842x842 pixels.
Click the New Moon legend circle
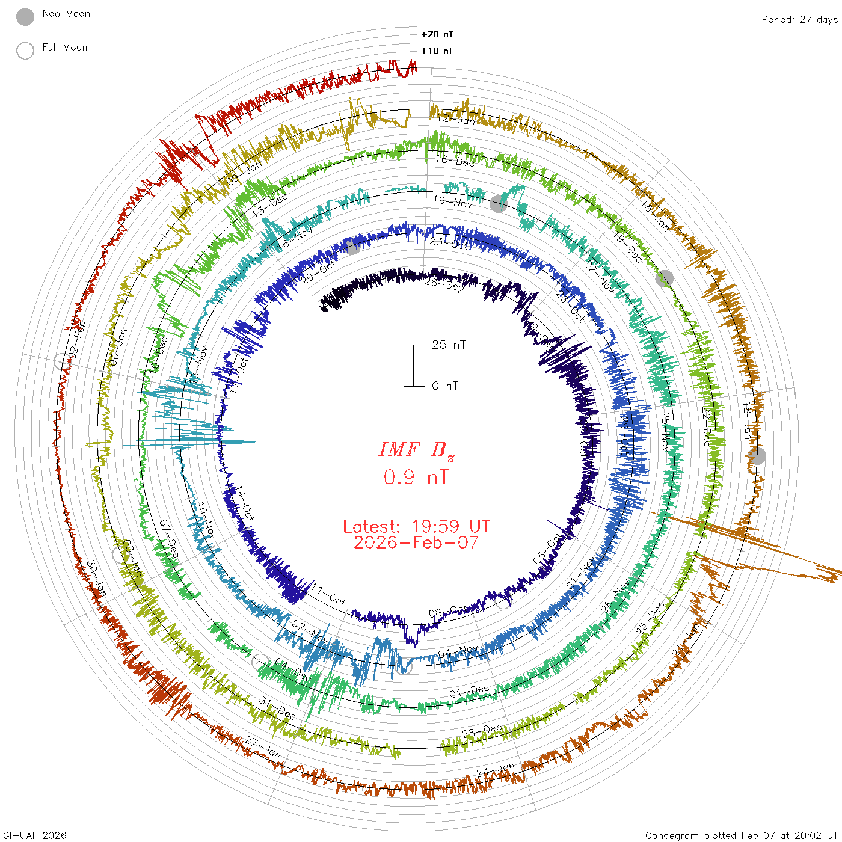[x=25, y=17]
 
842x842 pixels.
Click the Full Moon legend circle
[x=25, y=51]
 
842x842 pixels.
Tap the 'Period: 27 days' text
[x=799, y=20]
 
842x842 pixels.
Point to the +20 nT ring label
[x=437, y=34]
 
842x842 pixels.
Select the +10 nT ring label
[x=437, y=51]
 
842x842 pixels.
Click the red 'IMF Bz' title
[x=416, y=450]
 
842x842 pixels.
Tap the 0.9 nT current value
[x=416, y=477]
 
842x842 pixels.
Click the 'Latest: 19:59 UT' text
[x=416, y=527]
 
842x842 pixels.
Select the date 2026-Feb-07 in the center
[x=416, y=542]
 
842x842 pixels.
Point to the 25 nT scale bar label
[x=449, y=345]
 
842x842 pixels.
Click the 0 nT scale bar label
[x=445, y=386]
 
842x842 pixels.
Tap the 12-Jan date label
[x=455, y=120]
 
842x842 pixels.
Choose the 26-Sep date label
[x=444, y=283]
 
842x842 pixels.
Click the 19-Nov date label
[x=453, y=202]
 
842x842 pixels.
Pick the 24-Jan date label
[x=496, y=770]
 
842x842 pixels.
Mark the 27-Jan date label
[x=263, y=748]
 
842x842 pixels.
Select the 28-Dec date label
[x=482, y=731]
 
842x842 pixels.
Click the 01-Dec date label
[x=469, y=692]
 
